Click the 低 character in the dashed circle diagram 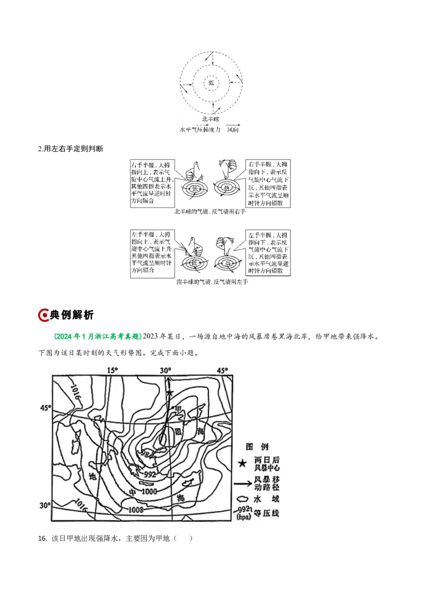(x=212, y=82)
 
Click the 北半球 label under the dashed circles (x=212, y=120)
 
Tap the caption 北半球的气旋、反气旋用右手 (x=210, y=212)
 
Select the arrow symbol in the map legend (x=242, y=481)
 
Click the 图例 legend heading (x=257, y=445)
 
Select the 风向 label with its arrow (x=233, y=128)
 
